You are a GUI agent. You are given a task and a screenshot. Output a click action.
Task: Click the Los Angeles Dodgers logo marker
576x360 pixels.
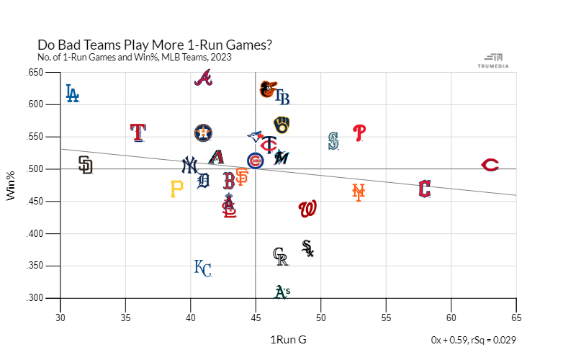pos(72,94)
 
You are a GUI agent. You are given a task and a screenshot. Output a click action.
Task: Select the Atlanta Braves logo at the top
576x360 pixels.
pos(204,78)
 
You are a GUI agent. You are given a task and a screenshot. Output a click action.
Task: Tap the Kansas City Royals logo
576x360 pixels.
pos(203,268)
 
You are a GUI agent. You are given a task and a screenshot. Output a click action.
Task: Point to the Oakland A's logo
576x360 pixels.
pos(282,292)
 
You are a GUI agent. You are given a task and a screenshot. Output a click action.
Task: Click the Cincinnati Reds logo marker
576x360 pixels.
pos(490,165)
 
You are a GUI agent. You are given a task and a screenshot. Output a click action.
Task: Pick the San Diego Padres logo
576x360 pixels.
pos(86,165)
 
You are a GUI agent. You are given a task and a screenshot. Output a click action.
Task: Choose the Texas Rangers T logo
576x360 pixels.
pos(138,132)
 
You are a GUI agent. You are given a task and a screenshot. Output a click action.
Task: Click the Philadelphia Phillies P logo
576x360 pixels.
pos(359,132)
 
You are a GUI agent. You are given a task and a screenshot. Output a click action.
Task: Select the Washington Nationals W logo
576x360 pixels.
pos(307,209)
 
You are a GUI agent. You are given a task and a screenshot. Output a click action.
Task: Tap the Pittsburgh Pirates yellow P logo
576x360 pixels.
pos(176,189)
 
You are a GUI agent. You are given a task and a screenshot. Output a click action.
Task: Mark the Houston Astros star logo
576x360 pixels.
pos(204,132)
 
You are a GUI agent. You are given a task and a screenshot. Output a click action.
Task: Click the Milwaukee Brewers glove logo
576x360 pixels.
pos(282,125)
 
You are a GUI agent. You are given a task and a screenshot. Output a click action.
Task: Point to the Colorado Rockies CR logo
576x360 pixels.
pos(281,256)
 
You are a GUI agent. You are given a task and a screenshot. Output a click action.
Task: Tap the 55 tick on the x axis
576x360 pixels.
pos(386,318)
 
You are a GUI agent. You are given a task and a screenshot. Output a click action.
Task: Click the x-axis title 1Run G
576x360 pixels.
pos(288,340)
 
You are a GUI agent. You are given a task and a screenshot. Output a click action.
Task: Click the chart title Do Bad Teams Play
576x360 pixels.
pos(154,45)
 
